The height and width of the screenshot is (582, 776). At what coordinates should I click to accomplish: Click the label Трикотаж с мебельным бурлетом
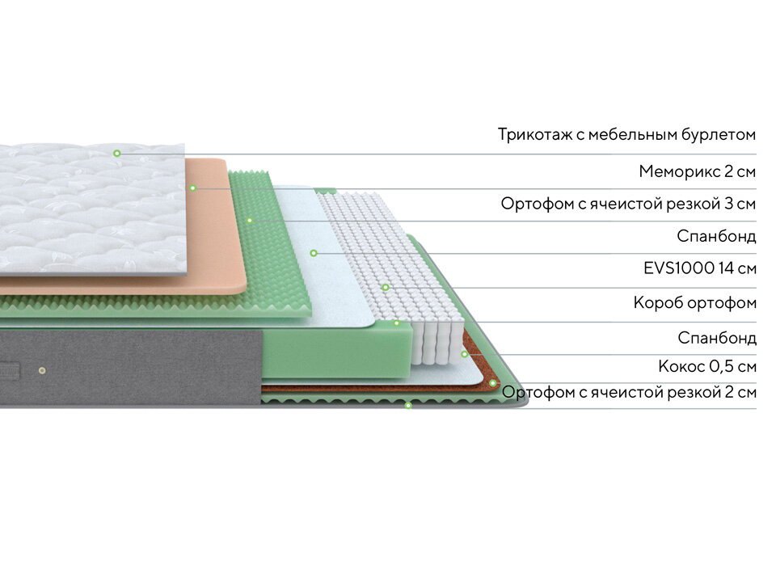pos(626,134)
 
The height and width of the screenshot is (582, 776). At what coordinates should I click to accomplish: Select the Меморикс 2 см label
pos(697,171)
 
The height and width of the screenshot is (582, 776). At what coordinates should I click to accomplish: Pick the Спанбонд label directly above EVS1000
pos(716,236)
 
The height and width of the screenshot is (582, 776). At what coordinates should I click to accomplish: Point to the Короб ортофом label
pos(695,303)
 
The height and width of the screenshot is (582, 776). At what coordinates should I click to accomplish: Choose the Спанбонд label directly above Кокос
pos(716,337)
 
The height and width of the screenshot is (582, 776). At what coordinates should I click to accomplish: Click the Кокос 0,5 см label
pos(706,366)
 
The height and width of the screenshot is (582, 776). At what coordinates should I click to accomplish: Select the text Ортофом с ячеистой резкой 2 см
pos(629,393)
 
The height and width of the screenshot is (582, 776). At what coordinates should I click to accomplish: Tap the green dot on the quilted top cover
pos(116,153)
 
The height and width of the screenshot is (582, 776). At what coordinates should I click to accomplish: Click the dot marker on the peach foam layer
pos(193,188)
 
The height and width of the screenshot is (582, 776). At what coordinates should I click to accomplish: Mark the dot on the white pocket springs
pos(386,287)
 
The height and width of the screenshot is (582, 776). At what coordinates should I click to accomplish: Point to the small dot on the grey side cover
pos(42,370)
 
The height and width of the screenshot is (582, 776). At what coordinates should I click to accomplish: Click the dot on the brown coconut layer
pos(492,382)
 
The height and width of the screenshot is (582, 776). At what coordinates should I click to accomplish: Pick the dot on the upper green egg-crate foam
pos(250,220)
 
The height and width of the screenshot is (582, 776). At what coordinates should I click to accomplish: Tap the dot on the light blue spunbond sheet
pos(313,253)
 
